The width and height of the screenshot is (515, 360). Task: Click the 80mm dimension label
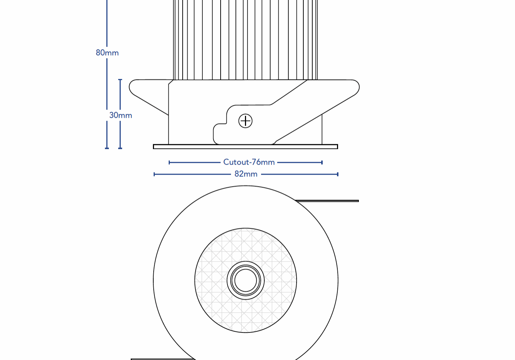(x=107, y=53)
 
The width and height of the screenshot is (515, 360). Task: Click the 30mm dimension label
(x=121, y=115)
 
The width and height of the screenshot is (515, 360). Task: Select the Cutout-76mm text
(x=249, y=162)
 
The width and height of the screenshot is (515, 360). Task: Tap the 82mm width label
(x=246, y=174)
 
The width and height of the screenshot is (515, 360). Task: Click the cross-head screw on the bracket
(x=245, y=121)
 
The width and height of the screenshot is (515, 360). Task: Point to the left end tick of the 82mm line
(x=154, y=174)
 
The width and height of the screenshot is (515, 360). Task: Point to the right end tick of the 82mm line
(x=338, y=174)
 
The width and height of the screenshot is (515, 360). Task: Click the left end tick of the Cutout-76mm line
(x=169, y=162)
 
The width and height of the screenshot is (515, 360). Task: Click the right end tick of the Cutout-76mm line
(x=322, y=162)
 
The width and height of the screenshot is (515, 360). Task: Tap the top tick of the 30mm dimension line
(x=120, y=80)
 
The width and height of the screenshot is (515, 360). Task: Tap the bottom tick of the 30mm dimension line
(x=120, y=148)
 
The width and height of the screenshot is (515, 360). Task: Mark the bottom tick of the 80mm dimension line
(x=107, y=148)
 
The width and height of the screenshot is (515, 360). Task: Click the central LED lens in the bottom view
(x=246, y=280)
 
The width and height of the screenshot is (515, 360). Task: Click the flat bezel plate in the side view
(x=245, y=146)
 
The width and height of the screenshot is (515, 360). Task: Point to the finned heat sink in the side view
(x=245, y=39)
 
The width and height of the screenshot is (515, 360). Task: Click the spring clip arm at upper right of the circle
(x=328, y=201)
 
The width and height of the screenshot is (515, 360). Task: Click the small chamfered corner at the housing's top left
(x=171, y=82)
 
